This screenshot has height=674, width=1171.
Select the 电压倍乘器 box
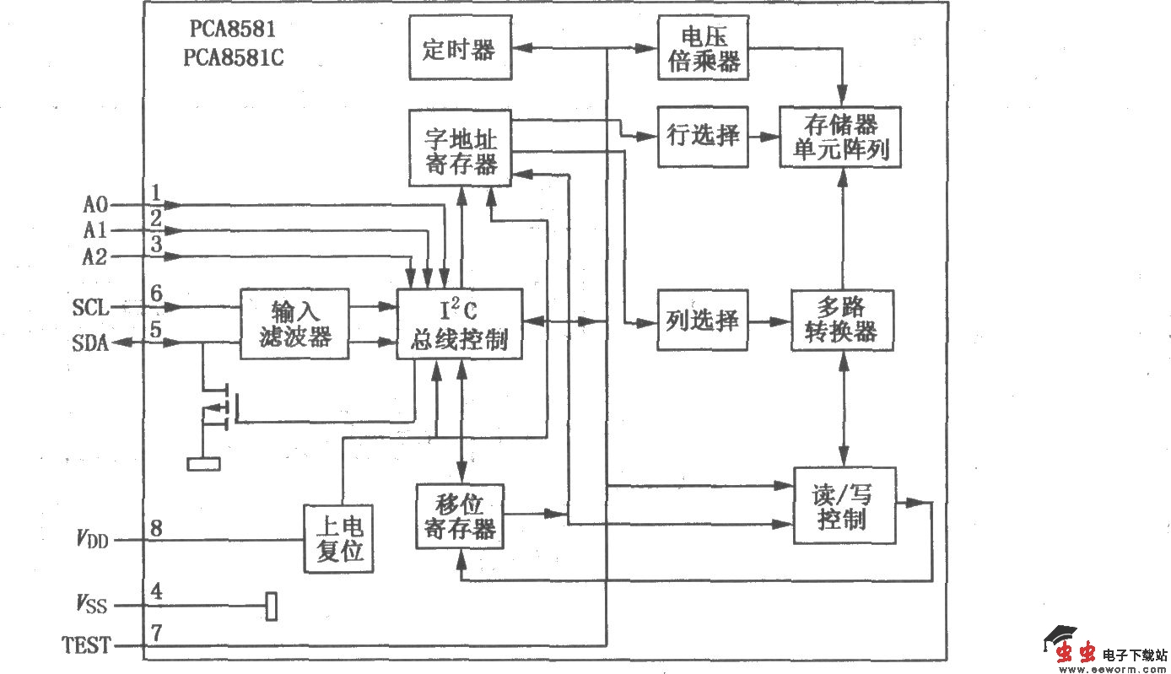pyautogui.click(x=703, y=48)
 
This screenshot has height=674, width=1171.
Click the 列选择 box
pyautogui.click(x=703, y=321)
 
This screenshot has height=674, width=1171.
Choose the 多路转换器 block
pyautogui.click(x=842, y=321)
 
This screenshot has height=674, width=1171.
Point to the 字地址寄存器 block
pyautogui.click(x=460, y=148)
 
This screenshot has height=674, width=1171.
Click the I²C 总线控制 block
pyautogui.click(x=460, y=324)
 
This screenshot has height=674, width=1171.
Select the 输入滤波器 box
pyautogui.click(x=294, y=324)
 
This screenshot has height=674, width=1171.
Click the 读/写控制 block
pyautogui.click(x=844, y=505)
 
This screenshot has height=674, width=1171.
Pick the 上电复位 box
pyautogui.click(x=338, y=539)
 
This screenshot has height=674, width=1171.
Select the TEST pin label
pyautogui.click(x=85, y=646)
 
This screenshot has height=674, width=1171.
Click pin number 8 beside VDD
pyautogui.click(x=156, y=529)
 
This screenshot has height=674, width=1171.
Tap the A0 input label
pyautogui.click(x=94, y=204)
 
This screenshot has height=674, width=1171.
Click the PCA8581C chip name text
pyautogui.click(x=239, y=59)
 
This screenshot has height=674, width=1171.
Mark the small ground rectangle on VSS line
pyautogui.click(x=271, y=606)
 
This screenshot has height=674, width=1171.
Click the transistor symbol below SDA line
pyautogui.click(x=221, y=407)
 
